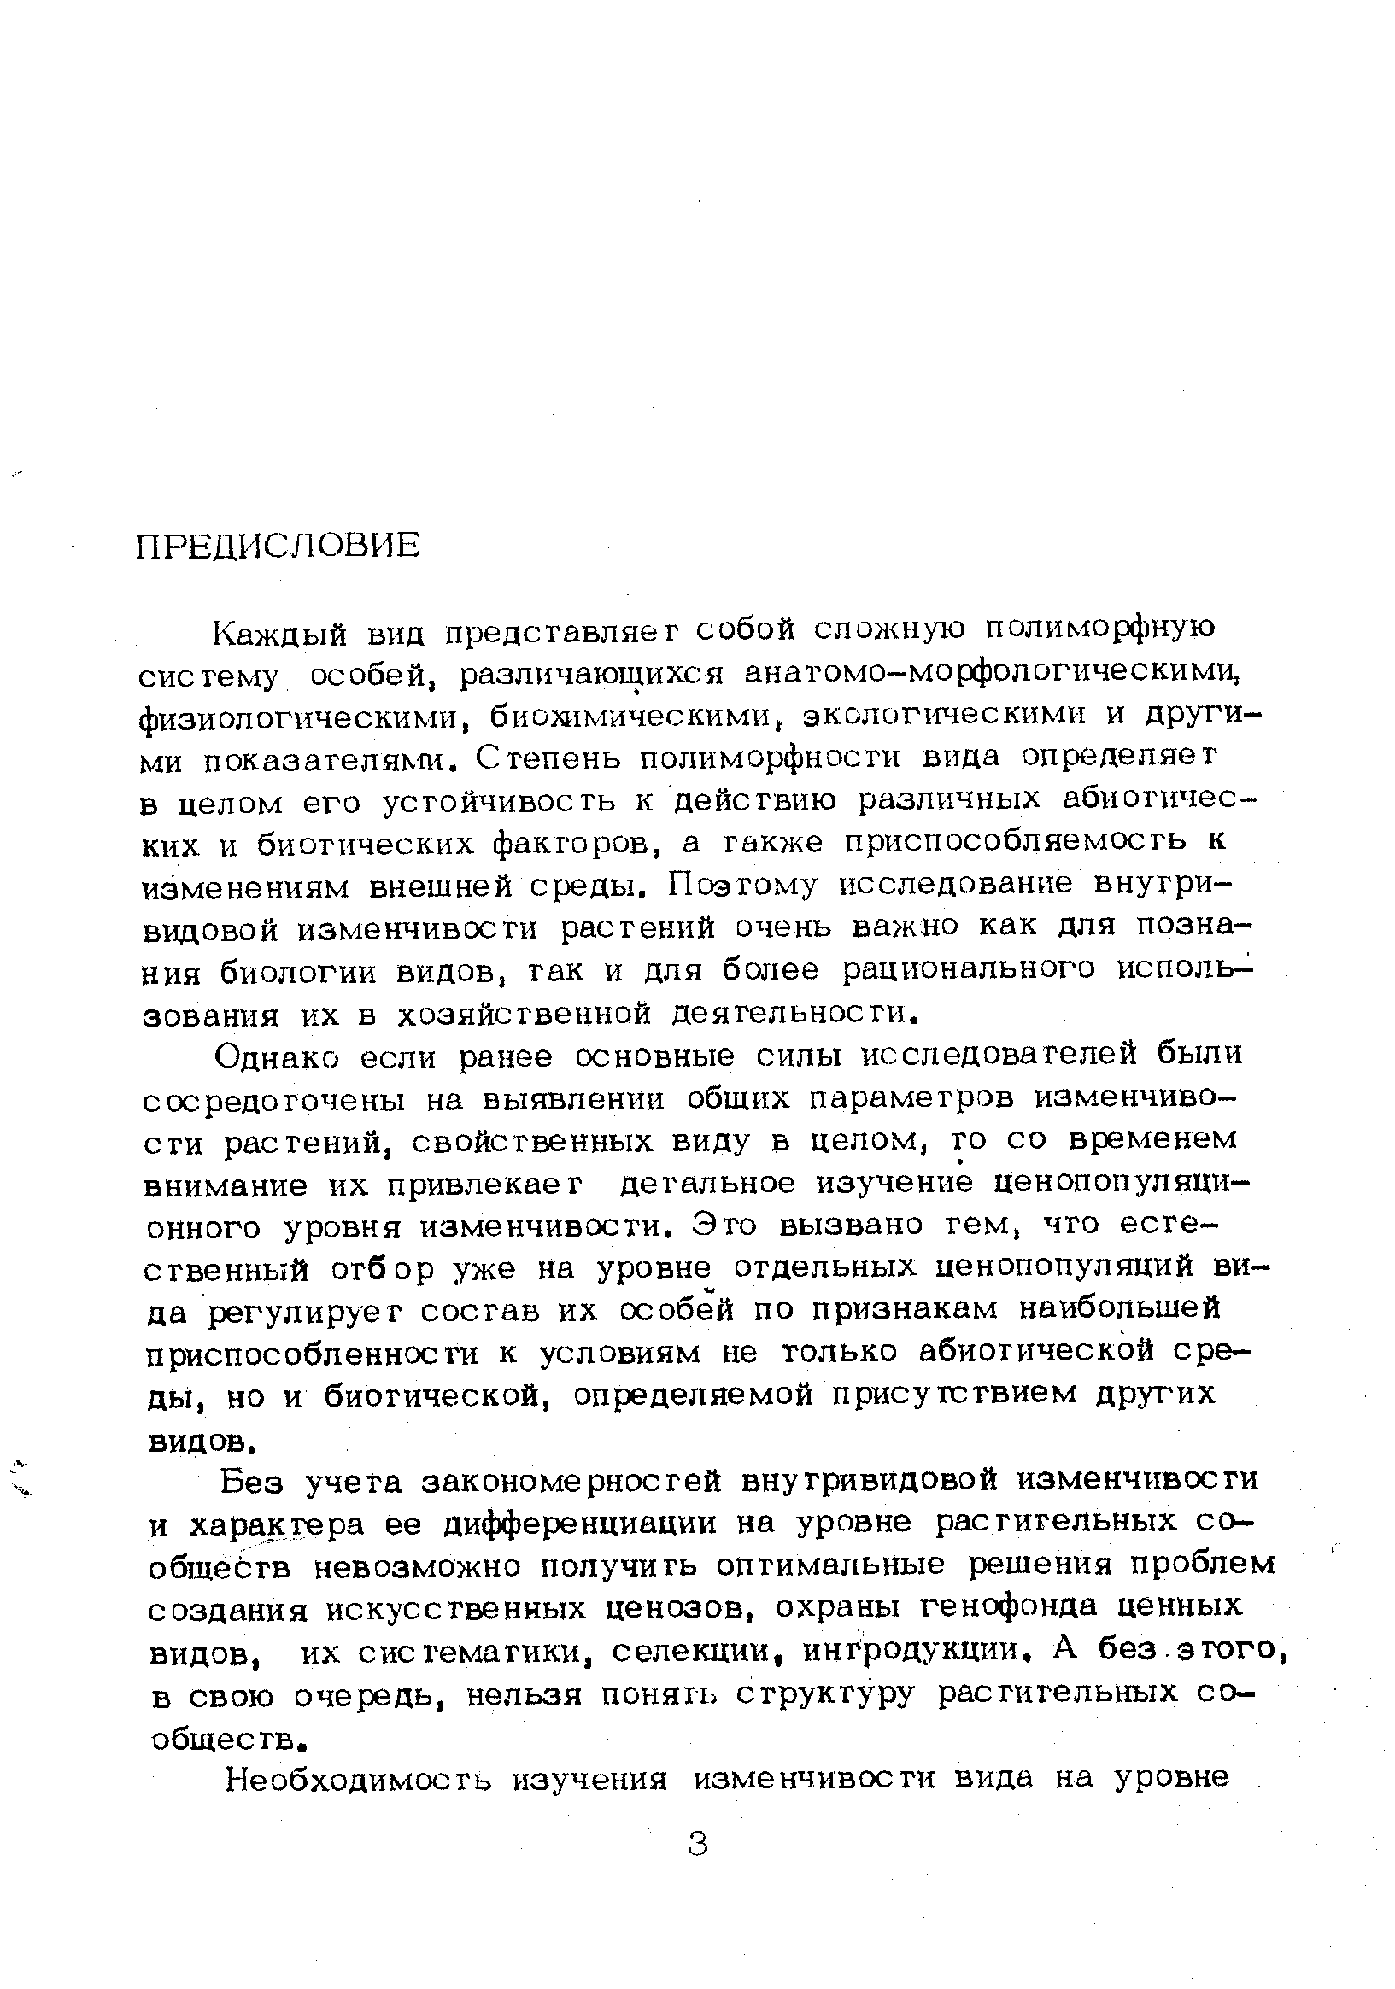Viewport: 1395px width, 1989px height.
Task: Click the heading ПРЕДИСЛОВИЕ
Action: [278, 547]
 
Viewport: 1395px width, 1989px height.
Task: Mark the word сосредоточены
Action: [276, 1100]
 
